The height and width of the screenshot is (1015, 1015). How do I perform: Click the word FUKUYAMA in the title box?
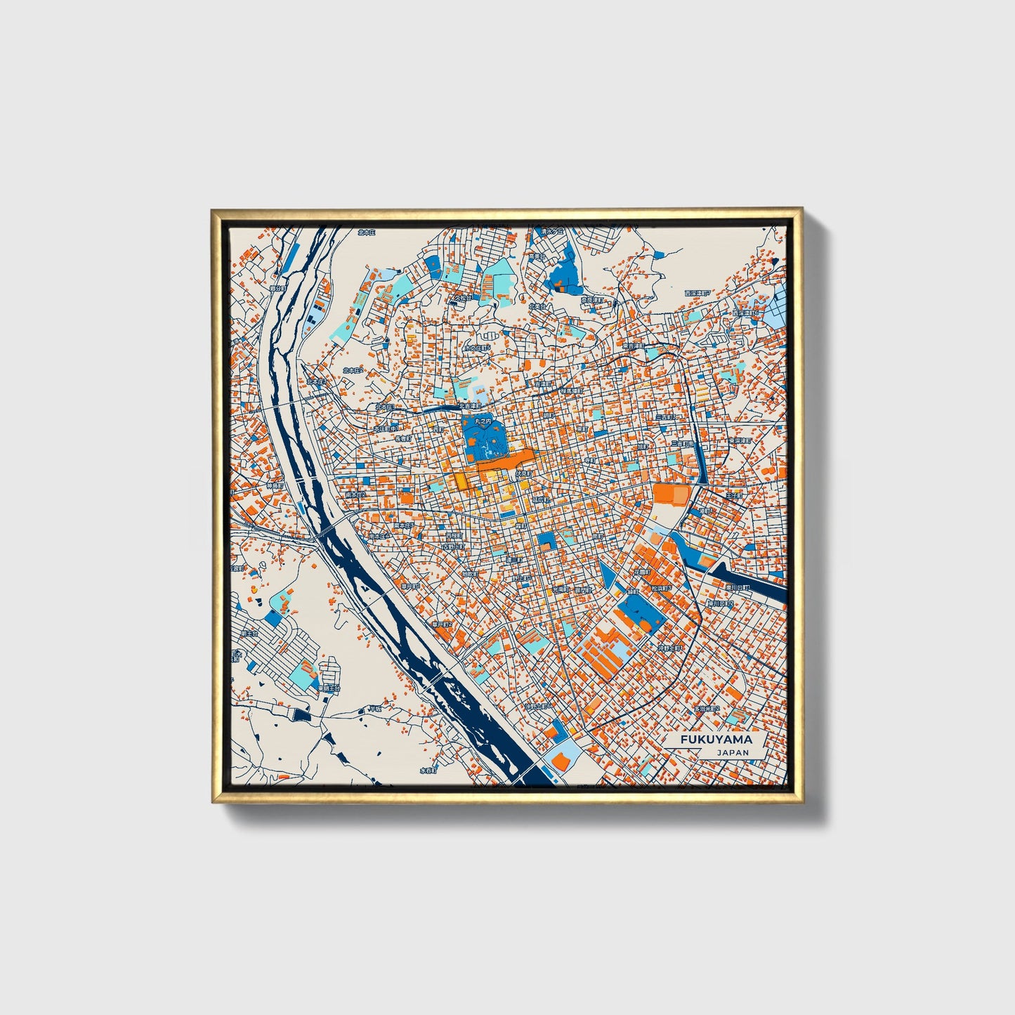[x=716, y=740]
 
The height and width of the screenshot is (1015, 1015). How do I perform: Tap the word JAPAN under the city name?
[x=733, y=752]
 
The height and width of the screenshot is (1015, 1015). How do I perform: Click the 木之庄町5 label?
[x=477, y=348]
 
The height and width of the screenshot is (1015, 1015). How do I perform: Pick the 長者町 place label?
[x=402, y=438]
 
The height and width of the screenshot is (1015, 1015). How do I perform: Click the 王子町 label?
[x=733, y=496]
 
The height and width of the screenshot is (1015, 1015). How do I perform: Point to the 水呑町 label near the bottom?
[x=428, y=770]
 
